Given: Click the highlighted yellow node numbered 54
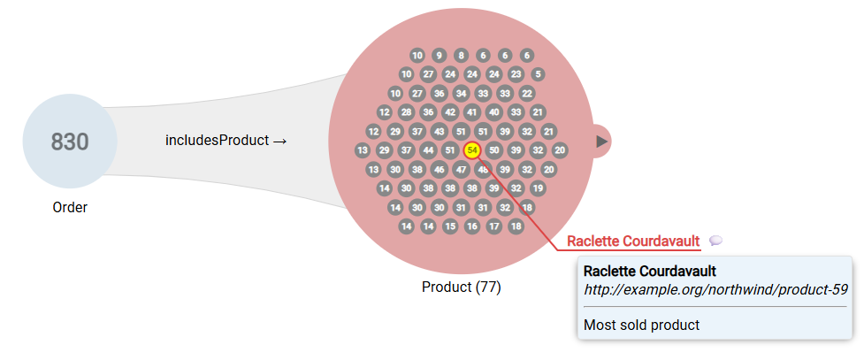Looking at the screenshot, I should click(x=472, y=150).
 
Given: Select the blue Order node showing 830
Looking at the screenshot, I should click(x=70, y=142).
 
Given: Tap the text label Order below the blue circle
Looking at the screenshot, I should click(x=70, y=208).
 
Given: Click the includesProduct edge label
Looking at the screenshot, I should click(x=226, y=141).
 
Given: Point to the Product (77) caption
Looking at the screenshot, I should click(x=462, y=287).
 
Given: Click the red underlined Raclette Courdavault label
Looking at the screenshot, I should click(x=633, y=241).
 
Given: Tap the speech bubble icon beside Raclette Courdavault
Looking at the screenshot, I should click(x=716, y=241).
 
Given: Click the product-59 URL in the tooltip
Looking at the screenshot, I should click(x=716, y=289).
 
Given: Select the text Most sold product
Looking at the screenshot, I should click(x=641, y=325).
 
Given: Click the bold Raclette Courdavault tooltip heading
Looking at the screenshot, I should click(x=650, y=271).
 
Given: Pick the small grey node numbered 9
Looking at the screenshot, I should click(x=439, y=55).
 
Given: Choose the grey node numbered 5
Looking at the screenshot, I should click(x=538, y=74).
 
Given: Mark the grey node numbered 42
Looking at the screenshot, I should click(x=450, y=112).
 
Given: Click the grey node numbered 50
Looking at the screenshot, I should click(x=494, y=150).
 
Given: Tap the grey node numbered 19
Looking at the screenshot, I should click(x=538, y=188).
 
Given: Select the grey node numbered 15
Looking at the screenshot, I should click(x=450, y=226).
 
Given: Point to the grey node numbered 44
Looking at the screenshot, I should click(x=428, y=150).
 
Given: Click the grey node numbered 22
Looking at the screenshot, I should click(x=527, y=94).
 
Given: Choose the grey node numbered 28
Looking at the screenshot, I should click(x=406, y=112).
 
